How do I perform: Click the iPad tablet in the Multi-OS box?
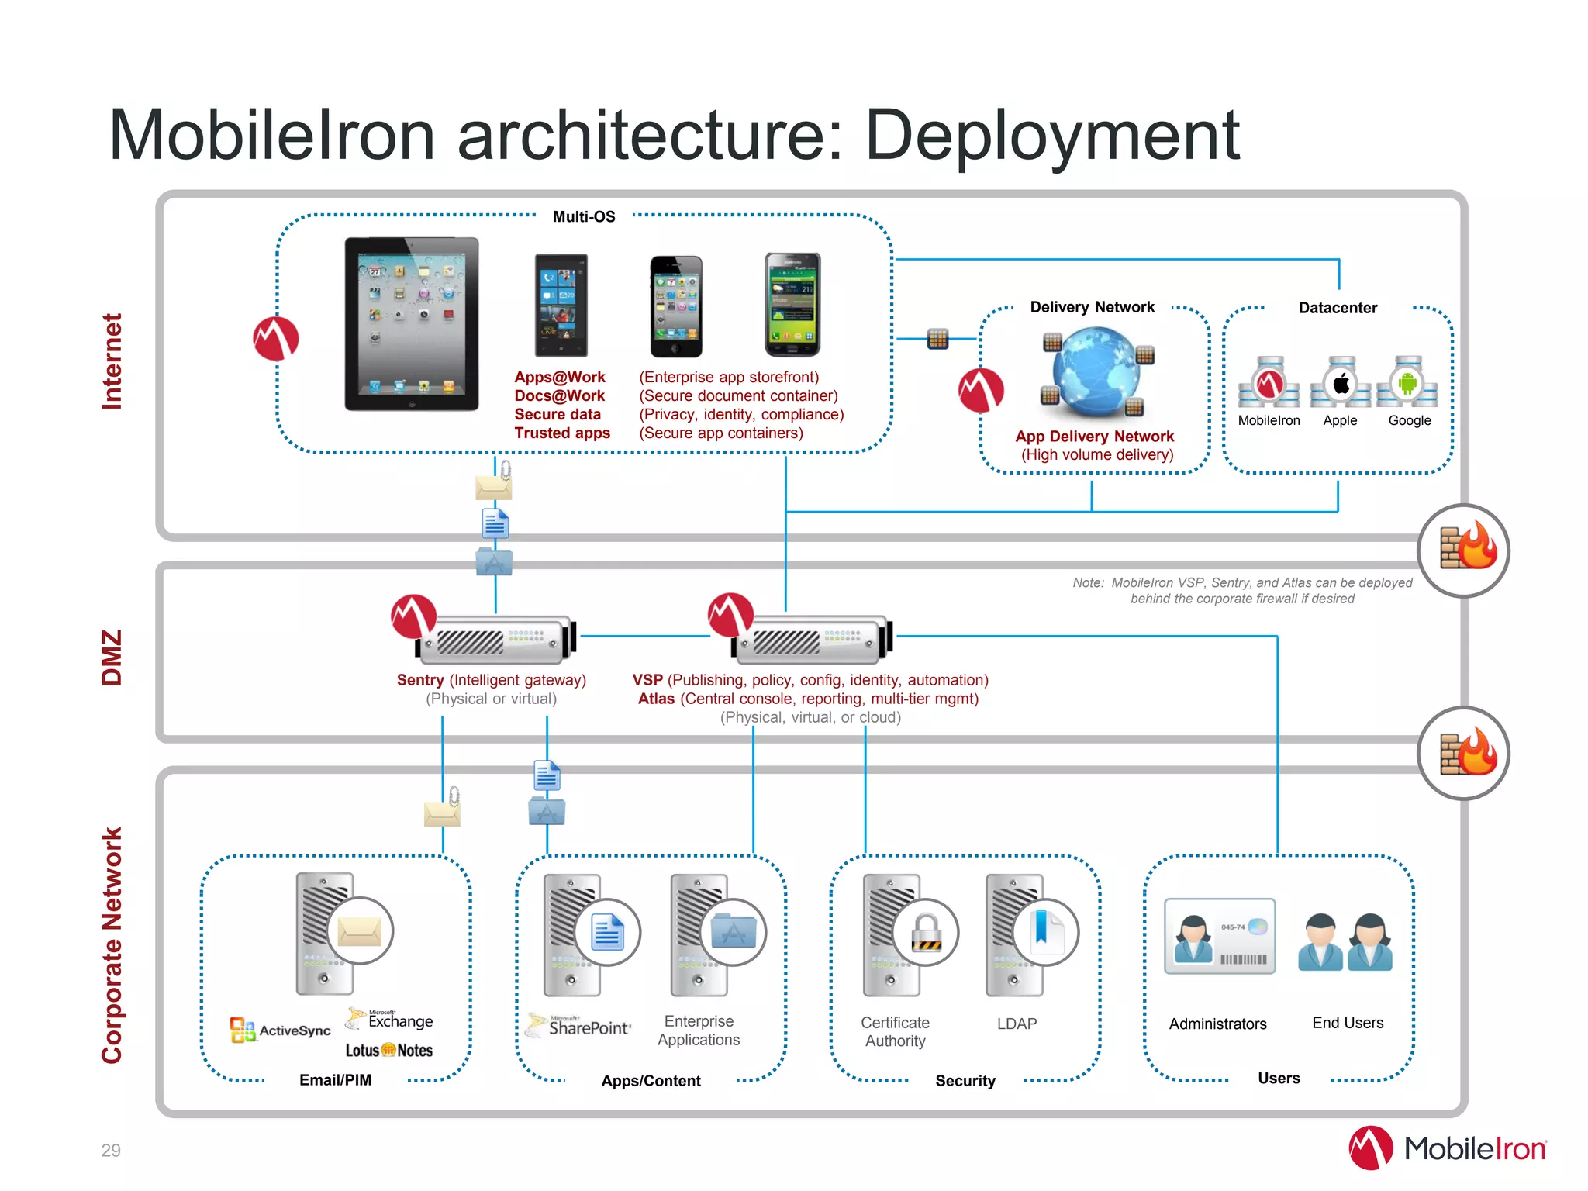tap(412, 323)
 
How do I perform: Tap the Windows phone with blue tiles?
tap(561, 305)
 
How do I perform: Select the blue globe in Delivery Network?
tap(1095, 371)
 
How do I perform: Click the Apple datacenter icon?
tap(1341, 383)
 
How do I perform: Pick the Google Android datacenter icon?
tap(1408, 382)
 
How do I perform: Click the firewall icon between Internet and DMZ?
tap(1463, 550)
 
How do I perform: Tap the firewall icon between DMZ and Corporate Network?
tap(1463, 753)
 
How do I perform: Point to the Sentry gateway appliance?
tap(496, 640)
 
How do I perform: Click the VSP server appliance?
tap(813, 640)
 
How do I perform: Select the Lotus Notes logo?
tap(388, 1051)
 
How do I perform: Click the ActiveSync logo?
tap(281, 1030)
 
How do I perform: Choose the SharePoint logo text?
tap(589, 1027)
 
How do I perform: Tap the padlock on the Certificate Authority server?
tap(926, 932)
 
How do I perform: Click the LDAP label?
tap(1017, 1024)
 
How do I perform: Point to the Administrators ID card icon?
tap(1219, 936)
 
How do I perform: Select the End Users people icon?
tap(1345, 941)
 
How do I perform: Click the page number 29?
tap(111, 1150)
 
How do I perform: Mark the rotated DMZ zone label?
tap(112, 657)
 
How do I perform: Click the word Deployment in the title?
tap(1051, 136)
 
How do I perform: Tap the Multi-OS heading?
tap(584, 217)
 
